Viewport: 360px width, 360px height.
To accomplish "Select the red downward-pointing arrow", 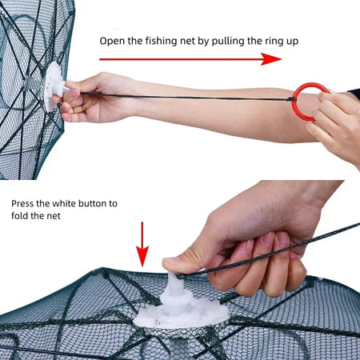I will coord(142,244).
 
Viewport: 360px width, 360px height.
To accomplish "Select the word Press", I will coord(24,203).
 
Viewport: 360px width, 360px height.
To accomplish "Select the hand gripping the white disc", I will coord(92,96).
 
